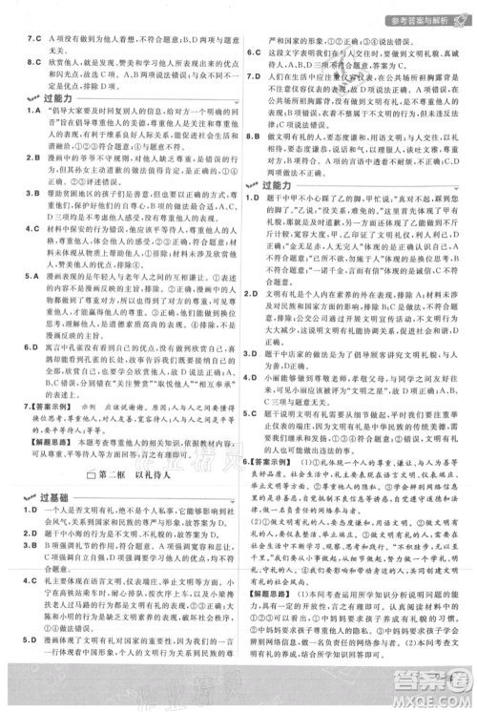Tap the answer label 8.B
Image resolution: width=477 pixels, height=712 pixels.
(253, 136)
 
